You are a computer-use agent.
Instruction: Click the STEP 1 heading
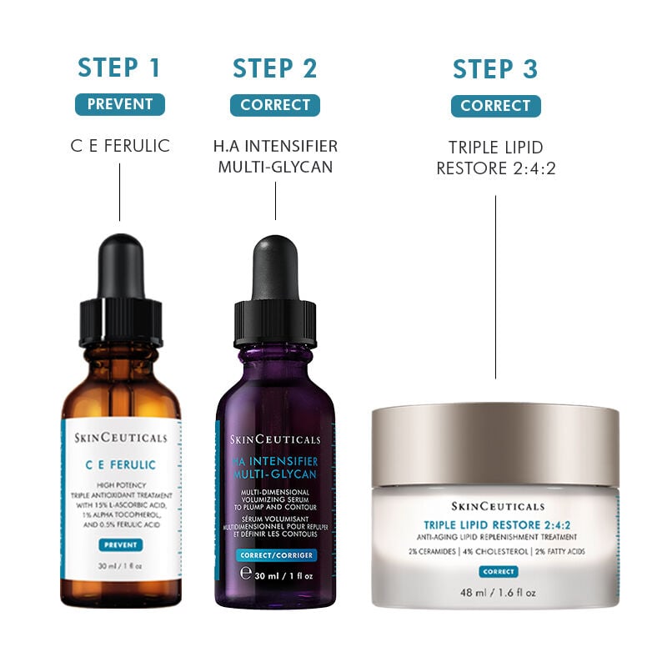tap(119, 68)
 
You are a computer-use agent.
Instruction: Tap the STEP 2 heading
tap(275, 68)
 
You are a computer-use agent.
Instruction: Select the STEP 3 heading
tap(495, 68)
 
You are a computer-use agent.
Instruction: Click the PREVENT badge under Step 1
tap(119, 104)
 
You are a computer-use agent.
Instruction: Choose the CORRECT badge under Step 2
tap(275, 105)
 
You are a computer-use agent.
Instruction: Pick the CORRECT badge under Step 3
tap(495, 106)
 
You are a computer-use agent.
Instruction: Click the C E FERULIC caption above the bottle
tap(119, 146)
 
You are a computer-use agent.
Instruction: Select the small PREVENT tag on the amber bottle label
tap(120, 544)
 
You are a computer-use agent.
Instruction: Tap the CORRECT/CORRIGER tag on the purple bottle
tap(275, 555)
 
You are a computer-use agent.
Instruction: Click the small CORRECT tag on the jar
tap(498, 572)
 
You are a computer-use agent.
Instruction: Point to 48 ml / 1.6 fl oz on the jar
tap(495, 593)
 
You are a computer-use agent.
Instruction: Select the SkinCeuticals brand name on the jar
tap(498, 506)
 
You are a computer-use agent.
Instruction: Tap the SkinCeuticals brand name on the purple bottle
tap(275, 440)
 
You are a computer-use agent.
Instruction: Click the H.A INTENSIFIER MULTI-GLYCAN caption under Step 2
tap(275, 157)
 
